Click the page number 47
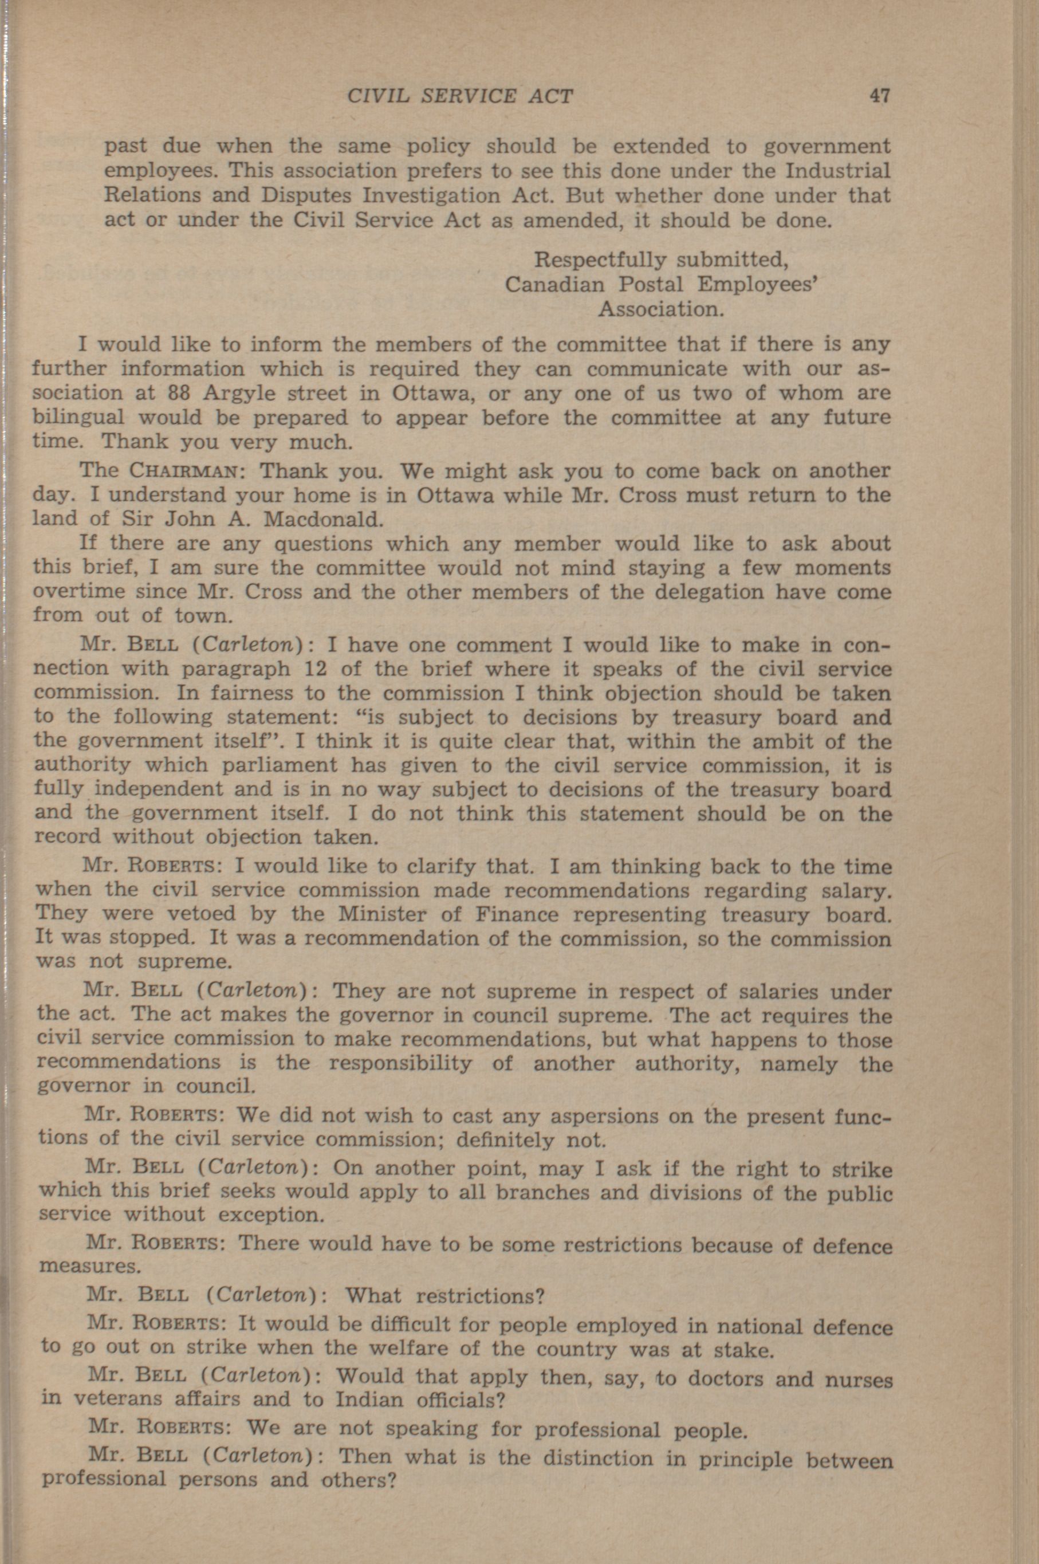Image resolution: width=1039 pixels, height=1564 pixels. [x=880, y=96]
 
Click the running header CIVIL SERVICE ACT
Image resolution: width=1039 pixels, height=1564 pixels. [x=460, y=97]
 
